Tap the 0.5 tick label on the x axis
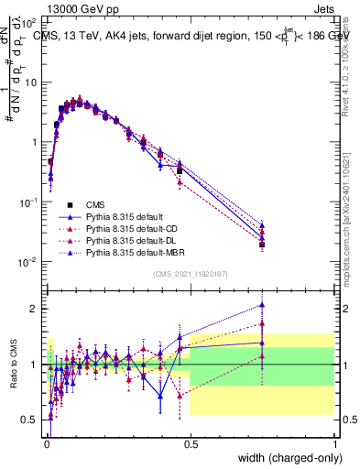coord(190,443)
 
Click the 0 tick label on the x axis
coord(46,443)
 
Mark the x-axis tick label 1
coord(334,443)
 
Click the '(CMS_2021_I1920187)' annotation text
coord(190,273)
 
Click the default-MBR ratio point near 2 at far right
coord(262,305)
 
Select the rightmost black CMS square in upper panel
coord(262,245)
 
